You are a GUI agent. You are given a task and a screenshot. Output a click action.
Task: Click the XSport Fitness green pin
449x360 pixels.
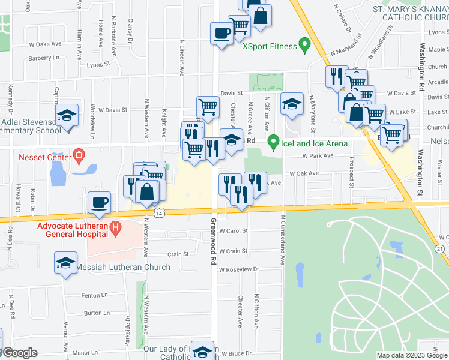304,44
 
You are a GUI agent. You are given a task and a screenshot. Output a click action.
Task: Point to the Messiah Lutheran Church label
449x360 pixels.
124,267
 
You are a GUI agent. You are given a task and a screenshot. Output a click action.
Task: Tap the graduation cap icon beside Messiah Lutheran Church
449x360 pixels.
66,262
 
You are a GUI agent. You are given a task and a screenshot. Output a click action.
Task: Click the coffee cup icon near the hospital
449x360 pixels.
99,202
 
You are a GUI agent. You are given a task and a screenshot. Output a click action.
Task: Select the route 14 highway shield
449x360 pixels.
158,214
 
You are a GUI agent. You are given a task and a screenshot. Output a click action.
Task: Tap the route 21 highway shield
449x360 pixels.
440,248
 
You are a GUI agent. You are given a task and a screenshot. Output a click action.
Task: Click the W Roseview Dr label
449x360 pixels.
238,269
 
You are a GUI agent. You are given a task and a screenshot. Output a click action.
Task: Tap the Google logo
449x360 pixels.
19,353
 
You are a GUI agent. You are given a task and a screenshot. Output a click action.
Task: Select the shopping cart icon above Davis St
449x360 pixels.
208,107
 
